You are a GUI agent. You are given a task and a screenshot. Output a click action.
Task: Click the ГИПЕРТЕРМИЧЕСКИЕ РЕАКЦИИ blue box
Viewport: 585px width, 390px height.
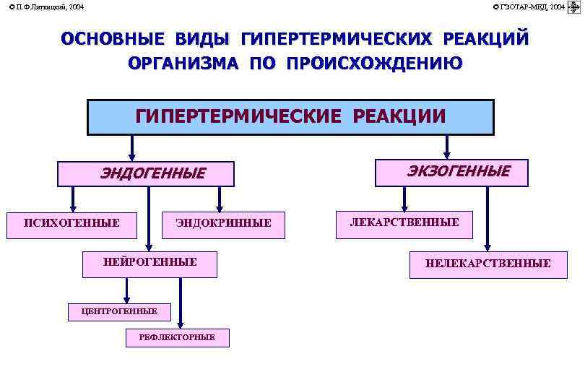(x=290, y=117)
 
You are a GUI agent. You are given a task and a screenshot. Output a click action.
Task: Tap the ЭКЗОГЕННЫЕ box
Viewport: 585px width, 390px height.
(x=452, y=172)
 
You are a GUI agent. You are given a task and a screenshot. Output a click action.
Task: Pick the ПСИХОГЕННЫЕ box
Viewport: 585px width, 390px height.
(x=73, y=224)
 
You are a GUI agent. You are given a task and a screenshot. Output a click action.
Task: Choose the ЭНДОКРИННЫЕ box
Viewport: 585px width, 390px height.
(x=224, y=224)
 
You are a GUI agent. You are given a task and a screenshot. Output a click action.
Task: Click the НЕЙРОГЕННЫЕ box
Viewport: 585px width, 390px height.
(x=149, y=263)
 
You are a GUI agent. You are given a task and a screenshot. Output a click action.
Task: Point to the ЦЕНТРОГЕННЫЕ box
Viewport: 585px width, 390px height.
(x=120, y=311)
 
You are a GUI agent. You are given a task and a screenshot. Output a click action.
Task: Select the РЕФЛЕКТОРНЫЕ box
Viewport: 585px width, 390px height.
(x=177, y=337)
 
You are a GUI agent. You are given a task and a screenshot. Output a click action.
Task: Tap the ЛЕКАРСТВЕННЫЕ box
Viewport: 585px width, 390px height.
(x=404, y=223)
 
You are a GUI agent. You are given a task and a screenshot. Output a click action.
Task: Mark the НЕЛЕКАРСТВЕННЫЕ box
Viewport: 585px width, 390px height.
(x=487, y=264)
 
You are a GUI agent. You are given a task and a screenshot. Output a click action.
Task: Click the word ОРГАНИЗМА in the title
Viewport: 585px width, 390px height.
(x=184, y=64)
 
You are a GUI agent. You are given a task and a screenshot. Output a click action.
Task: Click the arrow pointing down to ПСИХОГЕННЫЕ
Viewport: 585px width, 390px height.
(x=73, y=198)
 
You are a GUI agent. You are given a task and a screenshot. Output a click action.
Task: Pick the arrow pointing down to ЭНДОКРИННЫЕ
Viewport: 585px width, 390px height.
(x=220, y=198)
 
